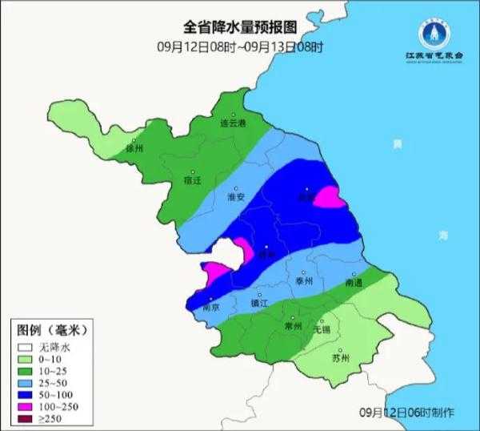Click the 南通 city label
point(354,284)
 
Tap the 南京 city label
point(211,307)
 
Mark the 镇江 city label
point(260,304)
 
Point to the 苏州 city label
point(341,358)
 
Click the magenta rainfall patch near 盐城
point(329,196)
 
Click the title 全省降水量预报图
point(239,29)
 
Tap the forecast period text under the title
point(239,46)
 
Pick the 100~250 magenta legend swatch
point(26,400)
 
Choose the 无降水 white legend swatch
point(26,348)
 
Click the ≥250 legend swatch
point(26,413)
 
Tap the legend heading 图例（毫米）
point(51,330)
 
